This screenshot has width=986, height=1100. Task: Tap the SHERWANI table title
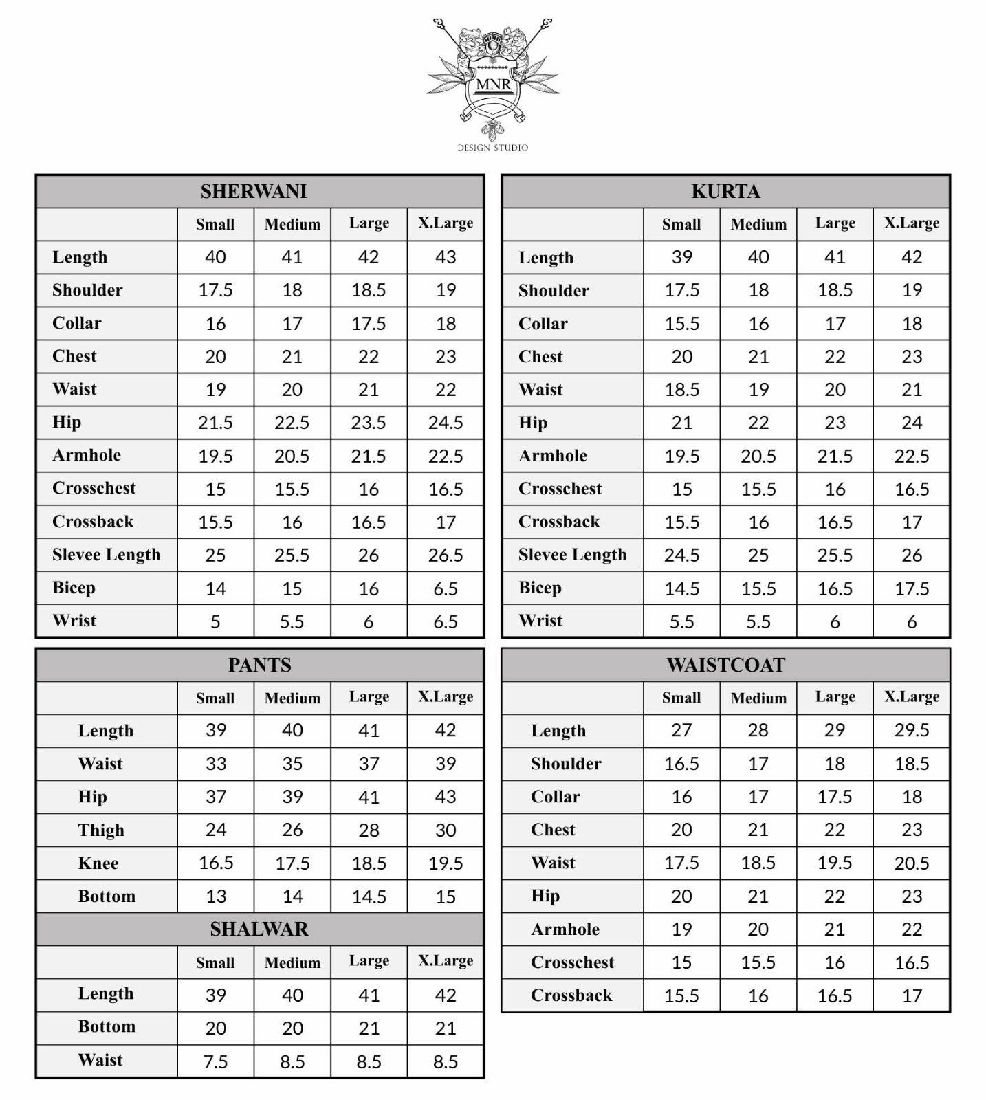pyautogui.click(x=254, y=191)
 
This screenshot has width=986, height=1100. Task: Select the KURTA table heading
pyautogui.click(x=725, y=191)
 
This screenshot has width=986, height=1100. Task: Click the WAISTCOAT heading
pyautogui.click(x=725, y=665)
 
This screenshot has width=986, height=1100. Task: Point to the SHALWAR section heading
pyautogui.click(x=259, y=929)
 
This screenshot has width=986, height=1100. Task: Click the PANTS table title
pyautogui.click(x=259, y=665)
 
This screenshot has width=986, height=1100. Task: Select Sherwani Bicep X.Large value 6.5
pyautogui.click(x=446, y=588)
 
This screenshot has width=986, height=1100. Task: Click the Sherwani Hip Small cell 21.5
pyautogui.click(x=215, y=423)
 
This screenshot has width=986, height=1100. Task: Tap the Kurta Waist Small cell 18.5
pyautogui.click(x=681, y=390)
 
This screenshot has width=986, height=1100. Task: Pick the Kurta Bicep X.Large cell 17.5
pyautogui.click(x=912, y=588)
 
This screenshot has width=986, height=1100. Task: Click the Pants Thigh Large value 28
pyautogui.click(x=369, y=830)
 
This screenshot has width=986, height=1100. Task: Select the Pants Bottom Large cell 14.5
pyautogui.click(x=369, y=896)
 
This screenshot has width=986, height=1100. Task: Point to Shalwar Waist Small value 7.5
pyautogui.click(x=215, y=1061)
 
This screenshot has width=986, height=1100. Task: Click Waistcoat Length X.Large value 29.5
pyautogui.click(x=912, y=730)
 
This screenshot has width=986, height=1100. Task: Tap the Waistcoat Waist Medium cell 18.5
pyautogui.click(x=758, y=863)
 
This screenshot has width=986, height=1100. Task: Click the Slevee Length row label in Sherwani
pyautogui.click(x=106, y=555)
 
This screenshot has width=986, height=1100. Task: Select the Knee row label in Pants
pyautogui.click(x=98, y=863)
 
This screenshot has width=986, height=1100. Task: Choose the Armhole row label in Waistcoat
pyautogui.click(x=565, y=929)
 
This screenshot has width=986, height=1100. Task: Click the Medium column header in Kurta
pyautogui.click(x=758, y=224)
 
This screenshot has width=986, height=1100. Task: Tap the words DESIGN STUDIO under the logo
pyautogui.click(x=492, y=148)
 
